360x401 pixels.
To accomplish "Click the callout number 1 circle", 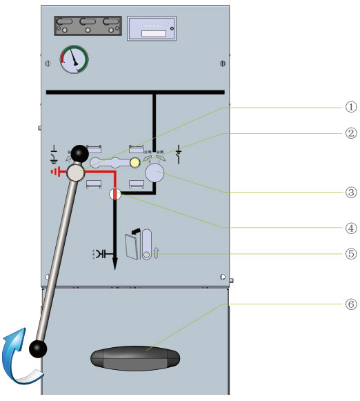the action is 351,107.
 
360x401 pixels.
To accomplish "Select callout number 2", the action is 351,133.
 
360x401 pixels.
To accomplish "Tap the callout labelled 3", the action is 351,192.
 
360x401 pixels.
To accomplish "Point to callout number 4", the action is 351,228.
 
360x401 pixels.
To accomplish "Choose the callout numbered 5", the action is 351,254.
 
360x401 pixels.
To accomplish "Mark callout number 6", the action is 351,304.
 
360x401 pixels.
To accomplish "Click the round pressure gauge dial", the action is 74,59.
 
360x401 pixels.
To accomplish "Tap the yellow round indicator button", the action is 134,163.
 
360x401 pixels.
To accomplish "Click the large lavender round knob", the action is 154,173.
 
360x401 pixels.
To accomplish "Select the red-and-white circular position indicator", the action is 115,194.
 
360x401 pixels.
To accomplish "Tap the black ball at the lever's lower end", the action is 38,349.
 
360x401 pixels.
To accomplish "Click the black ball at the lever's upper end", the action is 80,154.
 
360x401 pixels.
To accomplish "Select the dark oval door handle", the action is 135,358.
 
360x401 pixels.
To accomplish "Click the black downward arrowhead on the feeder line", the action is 115,264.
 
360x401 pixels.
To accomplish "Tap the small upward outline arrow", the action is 157,253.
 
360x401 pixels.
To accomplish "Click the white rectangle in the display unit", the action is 154,34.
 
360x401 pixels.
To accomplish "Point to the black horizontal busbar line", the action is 135,92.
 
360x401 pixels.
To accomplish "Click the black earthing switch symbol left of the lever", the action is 54,155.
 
